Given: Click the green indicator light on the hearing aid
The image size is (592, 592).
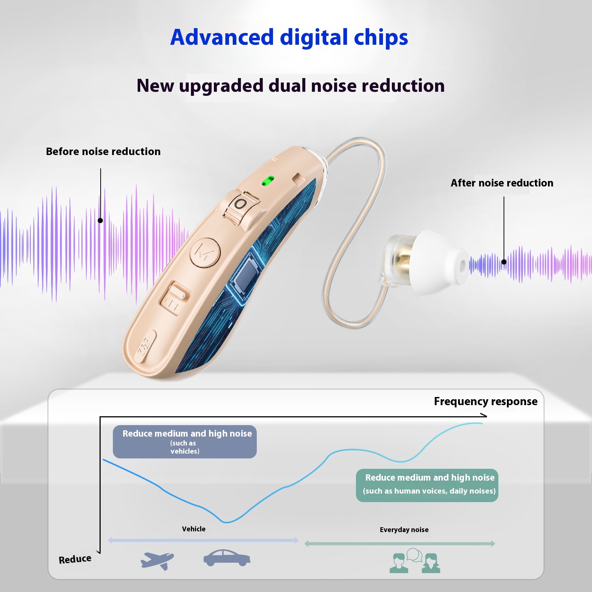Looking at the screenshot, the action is coord(268,181).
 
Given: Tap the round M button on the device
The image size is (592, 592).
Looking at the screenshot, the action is coord(205,252).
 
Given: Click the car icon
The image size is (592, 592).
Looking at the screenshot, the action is coord(227,558).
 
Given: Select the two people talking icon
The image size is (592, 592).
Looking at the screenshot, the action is coord(415,561).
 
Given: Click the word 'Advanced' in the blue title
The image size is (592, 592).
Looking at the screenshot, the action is coord(222,37).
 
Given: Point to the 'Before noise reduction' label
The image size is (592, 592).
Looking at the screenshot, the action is coord(103,151).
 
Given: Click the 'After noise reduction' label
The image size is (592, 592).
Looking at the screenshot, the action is coord(502,183).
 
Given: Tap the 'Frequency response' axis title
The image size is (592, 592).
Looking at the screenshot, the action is coord(485,401).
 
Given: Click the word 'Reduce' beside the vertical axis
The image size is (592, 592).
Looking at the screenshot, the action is coord(75,559).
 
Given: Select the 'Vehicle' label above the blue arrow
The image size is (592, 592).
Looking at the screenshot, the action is coord(194,529).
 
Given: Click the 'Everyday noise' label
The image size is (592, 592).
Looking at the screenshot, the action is coord(404,530).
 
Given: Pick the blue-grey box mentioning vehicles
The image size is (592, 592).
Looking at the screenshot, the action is coord(185,442).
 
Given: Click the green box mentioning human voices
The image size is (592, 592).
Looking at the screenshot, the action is coord(427,485).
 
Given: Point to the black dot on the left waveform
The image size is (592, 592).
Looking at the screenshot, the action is coord(100,221).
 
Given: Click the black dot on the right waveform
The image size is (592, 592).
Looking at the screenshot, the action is coord(504,262).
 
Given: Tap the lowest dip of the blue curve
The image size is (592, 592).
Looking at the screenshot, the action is coord(227,522).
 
